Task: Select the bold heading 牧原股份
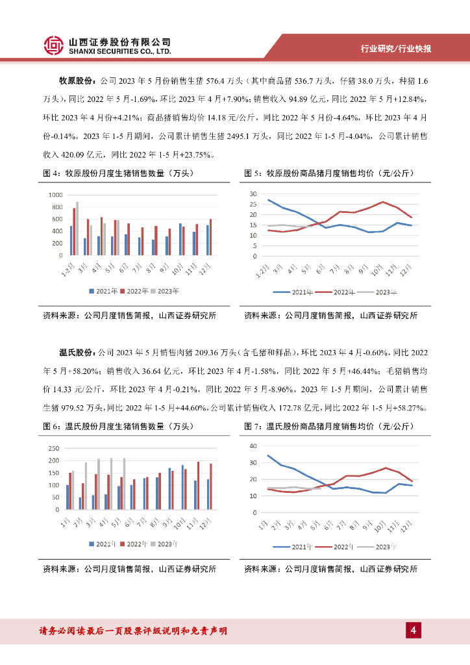77,81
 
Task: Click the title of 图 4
117,173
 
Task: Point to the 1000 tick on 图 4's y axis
54,195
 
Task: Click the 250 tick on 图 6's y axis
53,449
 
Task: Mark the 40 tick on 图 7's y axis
254,446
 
